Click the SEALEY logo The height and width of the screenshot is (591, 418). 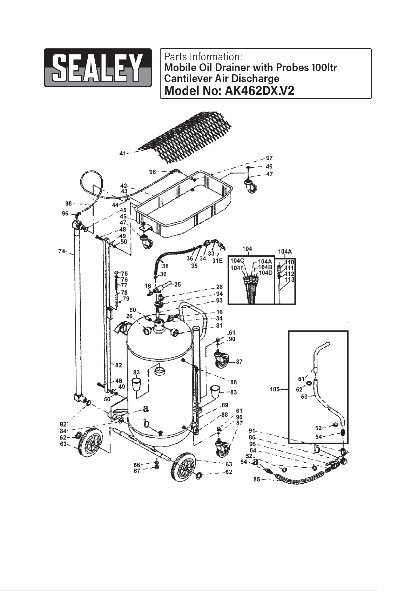click(x=97, y=68)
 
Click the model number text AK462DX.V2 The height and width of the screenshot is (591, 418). click(x=259, y=91)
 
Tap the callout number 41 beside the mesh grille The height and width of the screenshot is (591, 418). click(x=122, y=153)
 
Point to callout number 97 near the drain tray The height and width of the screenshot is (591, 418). click(x=269, y=158)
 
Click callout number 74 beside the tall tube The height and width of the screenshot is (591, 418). click(x=62, y=251)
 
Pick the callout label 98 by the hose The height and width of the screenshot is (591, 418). click(x=68, y=203)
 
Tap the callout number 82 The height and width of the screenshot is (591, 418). click(x=119, y=365)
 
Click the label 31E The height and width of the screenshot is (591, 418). click(x=217, y=261)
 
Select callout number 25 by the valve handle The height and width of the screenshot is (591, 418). click(x=177, y=284)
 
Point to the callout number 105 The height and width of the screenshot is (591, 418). click(x=275, y=389)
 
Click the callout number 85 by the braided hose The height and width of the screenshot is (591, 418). click(x=257, y=479)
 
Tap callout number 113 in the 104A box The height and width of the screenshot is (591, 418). click(x=290, y=280)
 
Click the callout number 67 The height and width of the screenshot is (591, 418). click(x=137, y=471)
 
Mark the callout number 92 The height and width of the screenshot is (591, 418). click(x=63, y=424)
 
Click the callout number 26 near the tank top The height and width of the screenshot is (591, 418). click(x=129, y=316)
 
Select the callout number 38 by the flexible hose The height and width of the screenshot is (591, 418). click(x=165, y=266)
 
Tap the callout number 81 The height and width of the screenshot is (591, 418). click(x=219, y=325)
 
